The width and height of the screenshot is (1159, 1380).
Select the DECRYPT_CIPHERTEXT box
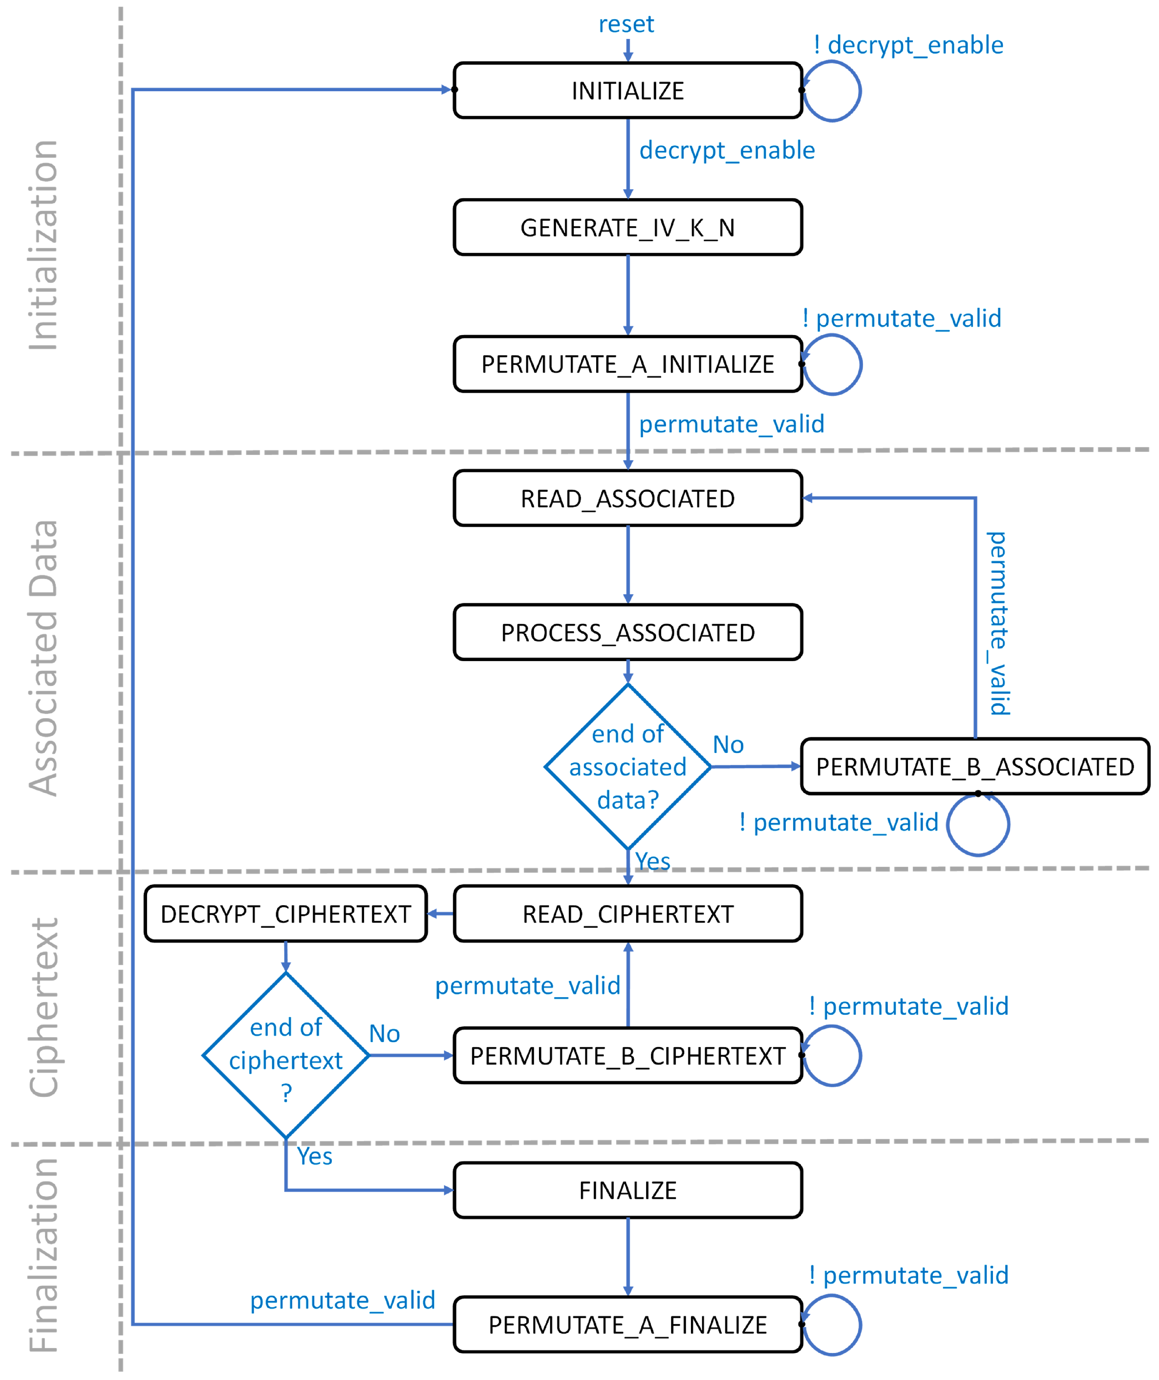pos(285,913)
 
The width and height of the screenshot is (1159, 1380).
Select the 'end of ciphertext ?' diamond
pos(285,1055)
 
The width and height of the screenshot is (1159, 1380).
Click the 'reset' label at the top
pos(626,24)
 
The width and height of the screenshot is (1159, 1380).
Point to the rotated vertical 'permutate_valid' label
pos(998,623)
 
